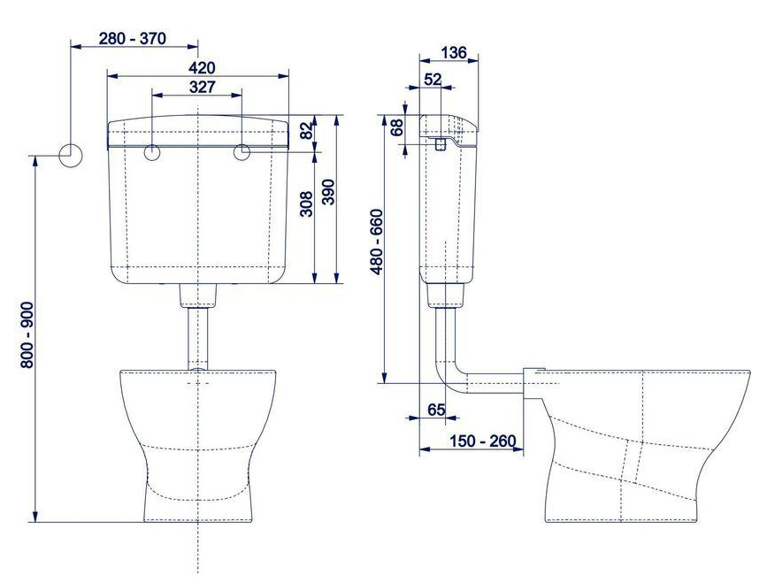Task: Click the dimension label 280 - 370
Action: coord(133,39)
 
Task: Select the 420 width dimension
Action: coord(200,67)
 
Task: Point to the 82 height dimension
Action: coord(306,131)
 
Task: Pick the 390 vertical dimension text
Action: coord(328,193)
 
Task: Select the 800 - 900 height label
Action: coord(26,335)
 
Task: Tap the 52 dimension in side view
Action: coord(433,80)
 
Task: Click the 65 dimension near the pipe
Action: coord(436,409)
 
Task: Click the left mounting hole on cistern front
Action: coord(152,153)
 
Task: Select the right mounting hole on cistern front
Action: coord(244,153)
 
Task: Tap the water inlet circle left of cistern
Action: coord(70,155)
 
